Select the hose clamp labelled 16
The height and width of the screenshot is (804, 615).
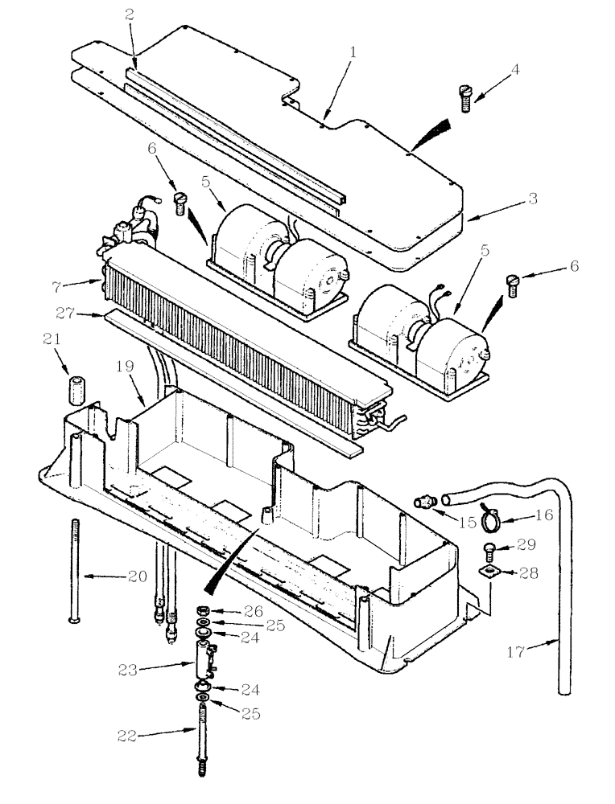(493, 521)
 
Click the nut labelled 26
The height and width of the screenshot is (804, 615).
(204, 612)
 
